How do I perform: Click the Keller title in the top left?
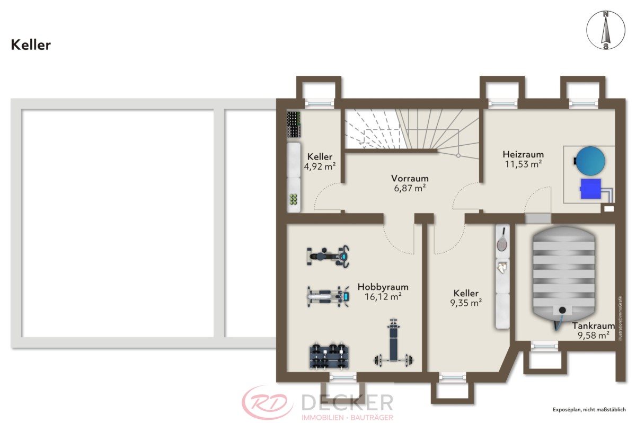coord(31,45)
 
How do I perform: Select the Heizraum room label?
coord(523,154)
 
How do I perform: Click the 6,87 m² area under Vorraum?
coord(410,188)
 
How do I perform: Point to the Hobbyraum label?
coord(383,287)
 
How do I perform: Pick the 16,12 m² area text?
coord(383,297)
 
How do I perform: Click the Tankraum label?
coord(593,325)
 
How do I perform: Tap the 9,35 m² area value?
coord(466,303)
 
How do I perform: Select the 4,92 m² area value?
coord(320,166)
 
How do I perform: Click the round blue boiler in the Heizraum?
coord(590,161)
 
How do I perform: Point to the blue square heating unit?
coord(591,189)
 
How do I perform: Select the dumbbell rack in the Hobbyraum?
coord(329,357)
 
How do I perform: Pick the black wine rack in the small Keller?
coord(294,125)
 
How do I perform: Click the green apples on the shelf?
coord(293,199)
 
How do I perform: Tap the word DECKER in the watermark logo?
coord(347,402)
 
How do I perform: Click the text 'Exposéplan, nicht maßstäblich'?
coord(589,410)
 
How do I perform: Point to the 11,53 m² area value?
coord(523,164)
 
